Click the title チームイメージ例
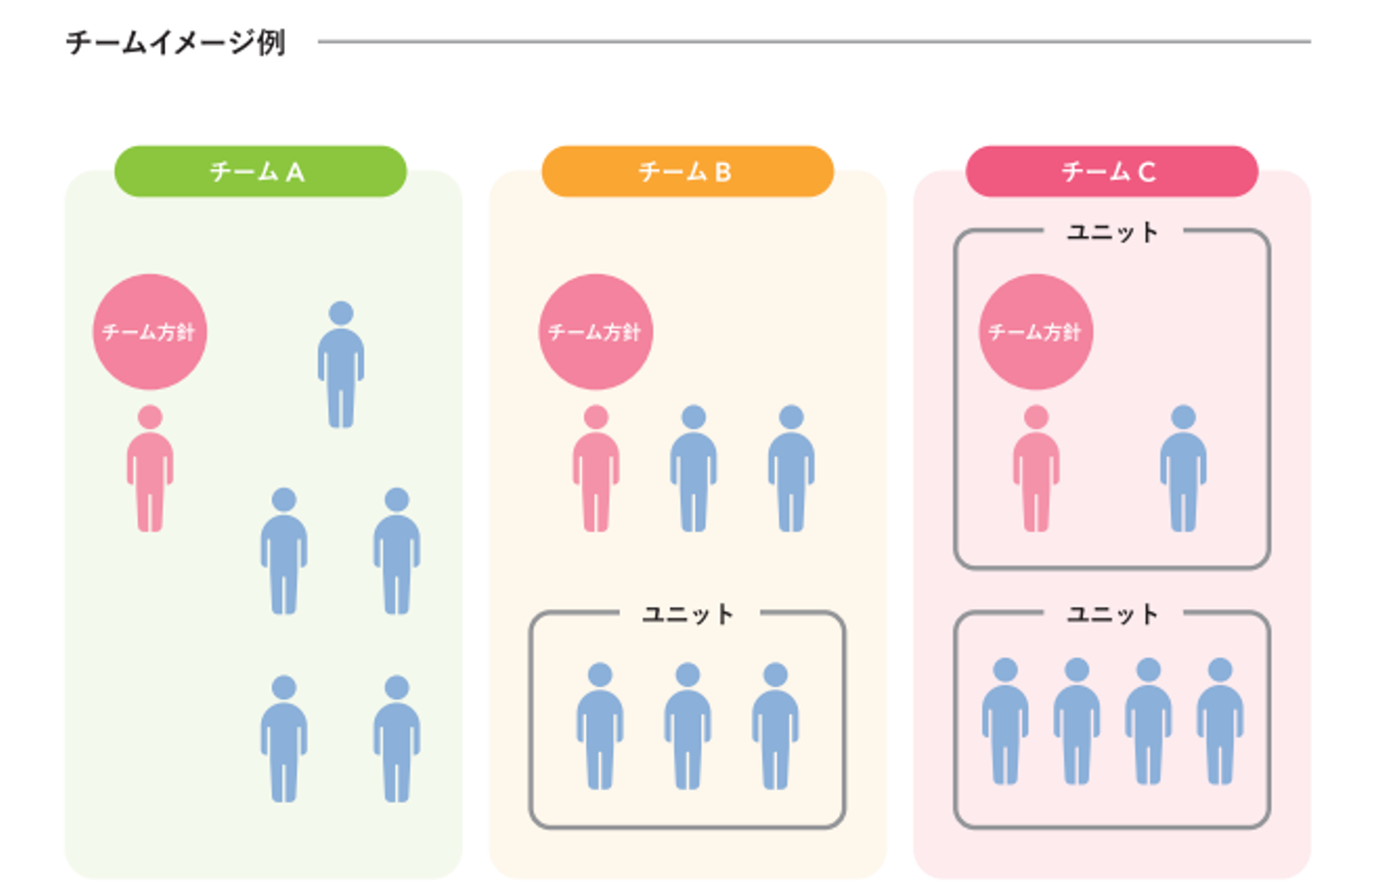pyautogui.click(x=176, y=42)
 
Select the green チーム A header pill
pyautogui.click(x=260, y=172)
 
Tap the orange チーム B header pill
pyautogui.click(x=687, y=172)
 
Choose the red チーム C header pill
pyautogui.click(x=1111, y=172)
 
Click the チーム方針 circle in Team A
pyautogui.click(x=150, y=332)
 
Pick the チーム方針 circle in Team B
pyautogui.click(x=596, y=332)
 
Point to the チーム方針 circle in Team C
pyautogui.click(x=1036, y=332)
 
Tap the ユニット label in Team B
pyautogui.click(x=688, y=614)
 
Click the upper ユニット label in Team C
pyautogui.click(x=1112, y=232)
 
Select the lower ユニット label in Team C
pyautogui.click(x=1112, y=614)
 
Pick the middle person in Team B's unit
pyautogui.click(x=688, y=729)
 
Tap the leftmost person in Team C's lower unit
pyautogui.click(x=1005, y=724)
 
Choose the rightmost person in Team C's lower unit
pyautogui.click(x=1220, y=724)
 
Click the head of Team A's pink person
pyautogui.click(x=150, y=417)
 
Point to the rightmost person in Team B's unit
pyautogui.click(x=775, y=729)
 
